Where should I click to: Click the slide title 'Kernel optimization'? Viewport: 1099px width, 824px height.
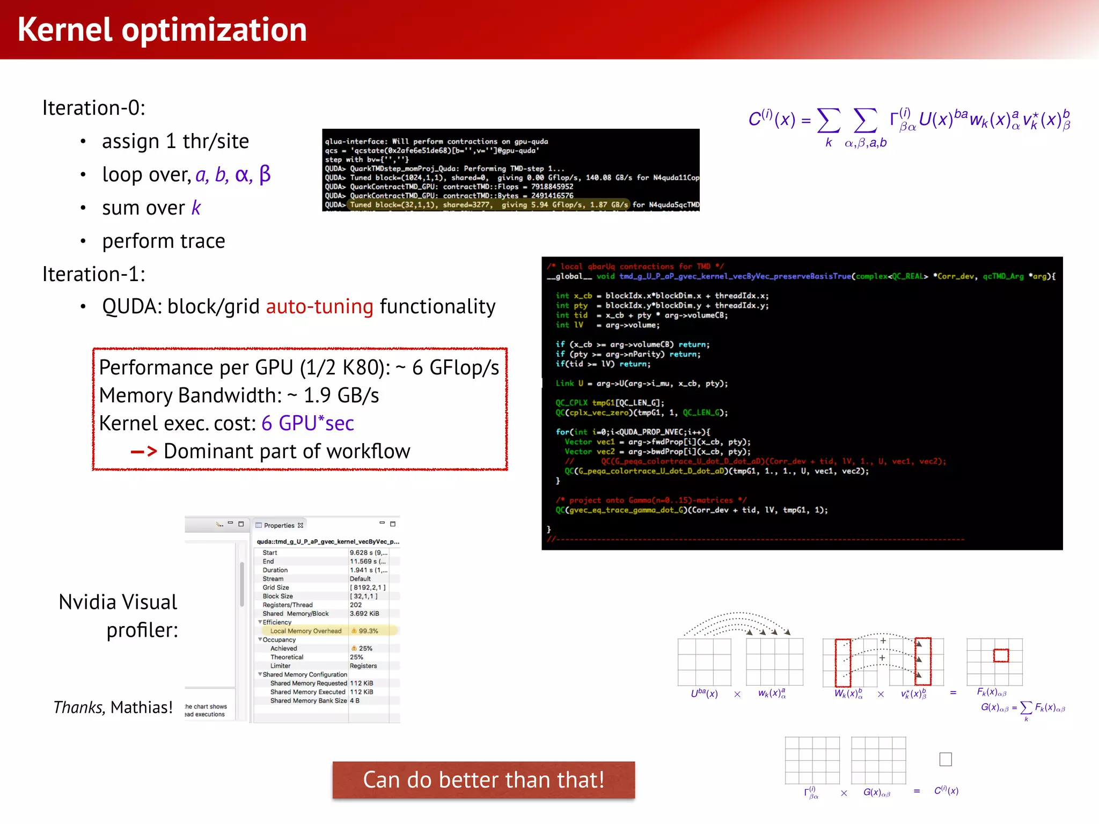point(162,30)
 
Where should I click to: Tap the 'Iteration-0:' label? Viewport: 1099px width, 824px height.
point(94,108)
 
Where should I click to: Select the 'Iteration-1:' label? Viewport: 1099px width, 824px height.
point(94,274)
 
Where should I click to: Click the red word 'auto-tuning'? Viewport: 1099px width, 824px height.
point(319,307)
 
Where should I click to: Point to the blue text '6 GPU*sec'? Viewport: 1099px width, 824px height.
point(307,423)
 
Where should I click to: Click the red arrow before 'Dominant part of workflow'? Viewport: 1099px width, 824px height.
point(144,452)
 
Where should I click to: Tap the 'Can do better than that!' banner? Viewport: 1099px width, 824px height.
point(483,780)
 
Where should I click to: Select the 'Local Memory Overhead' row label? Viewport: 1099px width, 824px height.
point(305,631)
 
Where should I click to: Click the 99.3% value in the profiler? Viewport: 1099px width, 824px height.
point(368,631)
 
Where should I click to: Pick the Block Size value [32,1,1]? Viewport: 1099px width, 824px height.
point(364,596)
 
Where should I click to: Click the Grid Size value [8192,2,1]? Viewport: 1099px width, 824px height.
point(368,587)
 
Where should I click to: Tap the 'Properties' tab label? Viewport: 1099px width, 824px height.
point(279,525)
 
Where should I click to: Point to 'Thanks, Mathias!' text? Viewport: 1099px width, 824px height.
point(113,708)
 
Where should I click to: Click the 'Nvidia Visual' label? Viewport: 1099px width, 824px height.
point(118,602)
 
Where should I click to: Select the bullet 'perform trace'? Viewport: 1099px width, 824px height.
point(164,241)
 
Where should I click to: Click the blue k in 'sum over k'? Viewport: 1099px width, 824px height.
point(196,208)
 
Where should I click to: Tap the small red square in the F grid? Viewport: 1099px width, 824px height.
point(1001,655)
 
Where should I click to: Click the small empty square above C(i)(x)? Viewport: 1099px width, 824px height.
point(946,759)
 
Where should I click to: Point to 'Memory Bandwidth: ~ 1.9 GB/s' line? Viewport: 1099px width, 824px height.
point(239,395)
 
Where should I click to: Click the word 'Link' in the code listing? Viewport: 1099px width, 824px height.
point(565,384)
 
